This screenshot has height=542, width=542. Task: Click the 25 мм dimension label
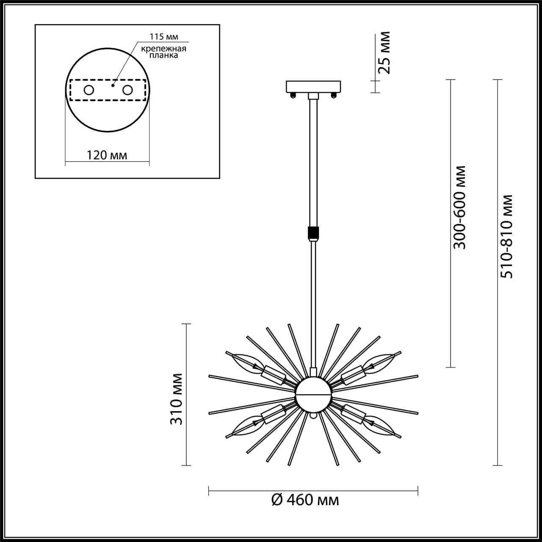(x=384, y=53)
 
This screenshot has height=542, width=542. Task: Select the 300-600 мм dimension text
(x=459, y=207)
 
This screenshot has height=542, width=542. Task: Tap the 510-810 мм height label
(x=506, y=236)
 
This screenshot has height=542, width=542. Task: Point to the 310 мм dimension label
(x=177, y=399)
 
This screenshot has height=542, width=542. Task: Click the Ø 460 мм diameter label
(x=305, y=501)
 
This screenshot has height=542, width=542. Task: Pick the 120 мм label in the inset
(x=107, y=155)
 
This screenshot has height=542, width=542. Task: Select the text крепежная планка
(x=163, y=52)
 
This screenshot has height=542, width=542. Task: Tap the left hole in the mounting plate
(x=89, y=90)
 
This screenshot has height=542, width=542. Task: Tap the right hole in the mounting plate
(x=127, y=90)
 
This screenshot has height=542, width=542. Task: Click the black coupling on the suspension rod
(x=313, y=233)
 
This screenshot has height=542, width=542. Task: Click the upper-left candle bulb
(x=245, y=361)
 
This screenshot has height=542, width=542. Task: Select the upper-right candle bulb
(x=380, y=361)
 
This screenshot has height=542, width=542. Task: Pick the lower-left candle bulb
(x=245, y=426)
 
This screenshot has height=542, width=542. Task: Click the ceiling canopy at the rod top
(x=313, y=86)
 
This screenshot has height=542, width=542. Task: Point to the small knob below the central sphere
(x=313, y=416)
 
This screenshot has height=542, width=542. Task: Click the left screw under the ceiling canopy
(x=292, y=95)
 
